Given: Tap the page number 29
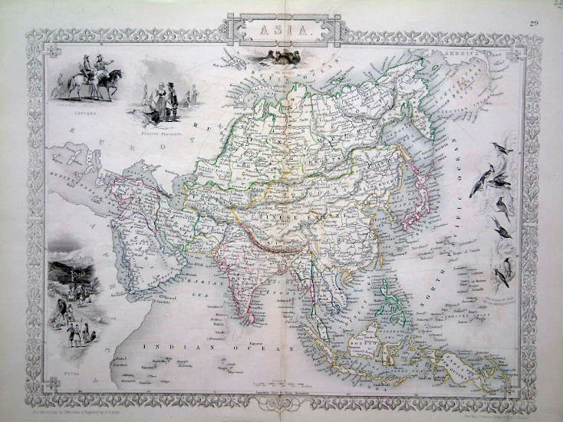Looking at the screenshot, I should tap(534, 25).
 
